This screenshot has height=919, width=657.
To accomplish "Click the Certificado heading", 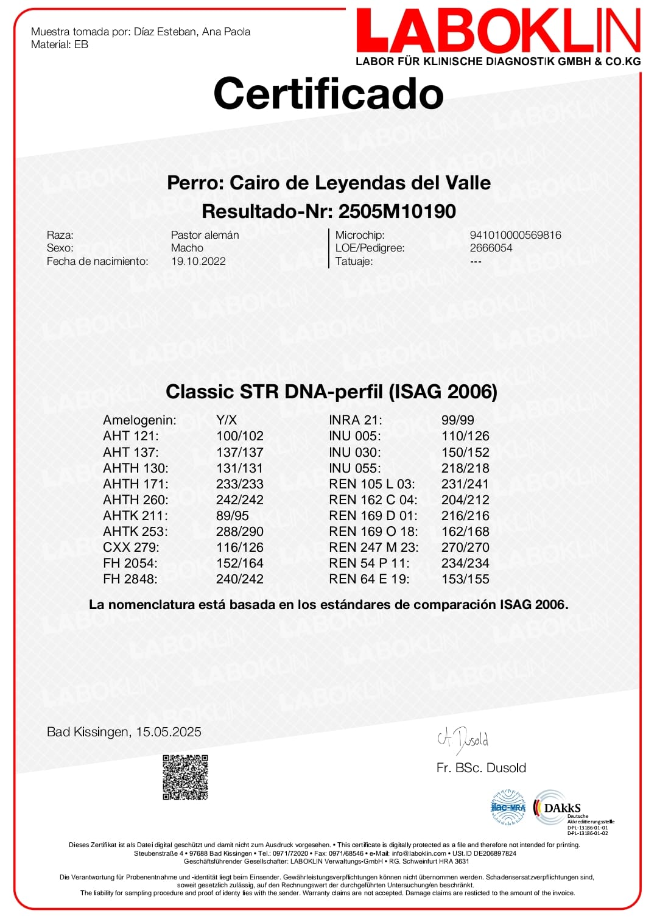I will pyautogui.click(x=328, y=94).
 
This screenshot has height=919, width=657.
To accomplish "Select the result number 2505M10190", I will pyautogui.click(x=397, y=211).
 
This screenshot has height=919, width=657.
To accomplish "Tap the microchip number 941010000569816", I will pyautogui.click(x=515, y=235).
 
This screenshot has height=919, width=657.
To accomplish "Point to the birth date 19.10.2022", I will pyautogui.click(x=199, y=261).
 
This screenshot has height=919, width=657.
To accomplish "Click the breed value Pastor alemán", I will pyautogui.click(x=205, y=235).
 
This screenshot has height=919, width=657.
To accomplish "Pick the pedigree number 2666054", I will pyautogui.click(x=491, y=248).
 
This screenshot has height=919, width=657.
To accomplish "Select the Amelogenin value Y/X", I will pyautogui.click(x=227, y=420).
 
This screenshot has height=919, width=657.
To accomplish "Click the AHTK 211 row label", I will pyautogui.click(x=135, y=516).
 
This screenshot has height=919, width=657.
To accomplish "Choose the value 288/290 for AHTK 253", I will pyautogui.click(x=240, y=532).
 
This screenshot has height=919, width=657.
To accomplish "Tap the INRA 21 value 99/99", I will pyautogui.click(x=458, y=420).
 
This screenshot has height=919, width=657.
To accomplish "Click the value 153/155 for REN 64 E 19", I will pyautogui.click(x=465, y=579).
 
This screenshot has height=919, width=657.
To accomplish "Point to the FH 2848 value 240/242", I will pyautogui.click(x=240, y=579).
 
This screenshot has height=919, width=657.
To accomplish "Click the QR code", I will pyautogui.click(x=186, y=777).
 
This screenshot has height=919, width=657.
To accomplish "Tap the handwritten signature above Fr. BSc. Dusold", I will pyautogui.click(x=463, y=739).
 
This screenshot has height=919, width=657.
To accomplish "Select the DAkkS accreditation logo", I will pyautogui.click(x=558, y=808).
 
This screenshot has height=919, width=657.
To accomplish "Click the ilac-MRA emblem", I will pyautogui.click(x=508, y=808).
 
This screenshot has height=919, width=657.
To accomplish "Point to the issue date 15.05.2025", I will pyautogui.click(x=169, y=732).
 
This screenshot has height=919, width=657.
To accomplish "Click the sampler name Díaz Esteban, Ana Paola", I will pyautogui.click(x=192, y=32).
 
